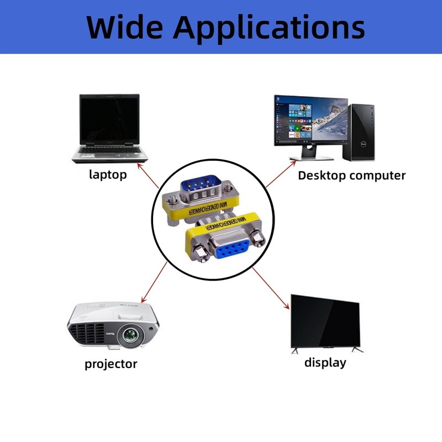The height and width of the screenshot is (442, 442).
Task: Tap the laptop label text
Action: pos(108,175)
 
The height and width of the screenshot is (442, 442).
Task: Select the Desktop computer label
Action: pos(351,176)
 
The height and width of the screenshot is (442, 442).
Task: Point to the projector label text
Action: pos(110,364)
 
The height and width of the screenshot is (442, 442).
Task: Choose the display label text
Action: pos(325,363)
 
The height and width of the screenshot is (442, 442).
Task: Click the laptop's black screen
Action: pos(109,119)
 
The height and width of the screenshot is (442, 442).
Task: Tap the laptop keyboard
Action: pos(108,150)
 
